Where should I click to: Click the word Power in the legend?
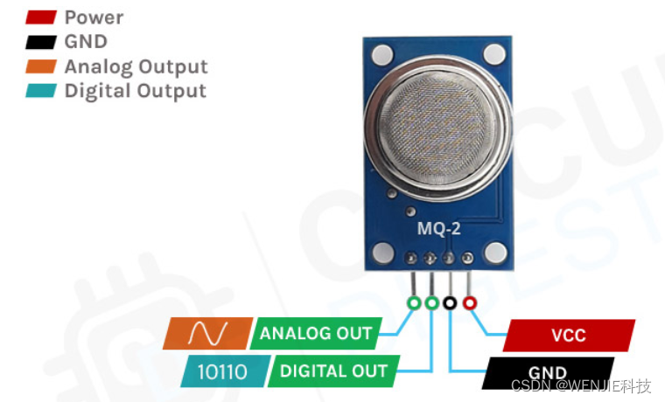tap(94, 17)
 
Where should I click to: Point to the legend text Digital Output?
tap(135, 91)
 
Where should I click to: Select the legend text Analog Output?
tap(136, 66)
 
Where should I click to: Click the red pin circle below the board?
tap(470, 302)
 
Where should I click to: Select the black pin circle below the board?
tap(451, 302)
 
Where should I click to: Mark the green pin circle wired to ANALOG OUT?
tap(413, 302)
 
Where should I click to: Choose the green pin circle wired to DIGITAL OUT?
tap(431, 302)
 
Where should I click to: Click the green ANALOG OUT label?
tap(316, 334)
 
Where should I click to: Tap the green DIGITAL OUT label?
tap(333, 371)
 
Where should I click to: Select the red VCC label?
tap(569, 336)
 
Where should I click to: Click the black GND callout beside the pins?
tap(548, 372)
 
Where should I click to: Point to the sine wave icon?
tap(208, 334)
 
